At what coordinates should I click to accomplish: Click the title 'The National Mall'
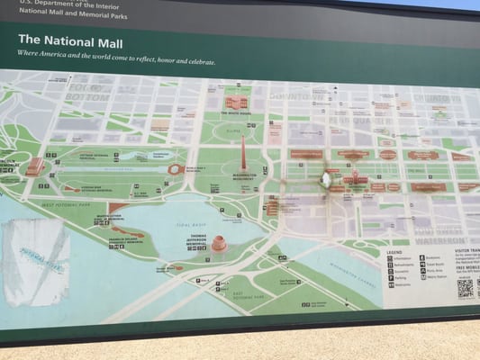(x=70, y=40)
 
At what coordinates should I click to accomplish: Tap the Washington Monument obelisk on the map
(x=241, y=155)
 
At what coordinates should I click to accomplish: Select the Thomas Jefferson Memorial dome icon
(x=219, y=243)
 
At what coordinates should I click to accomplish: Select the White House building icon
(x=236, y=103)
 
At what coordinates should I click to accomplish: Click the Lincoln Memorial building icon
(x=34, y=166)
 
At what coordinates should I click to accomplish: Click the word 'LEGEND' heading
(x=395, y=252)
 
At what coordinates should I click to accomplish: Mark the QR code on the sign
(x=465, y=288)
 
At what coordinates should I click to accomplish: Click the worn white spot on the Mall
(x=325, y=179)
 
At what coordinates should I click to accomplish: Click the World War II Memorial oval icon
(x=175, y=169)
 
